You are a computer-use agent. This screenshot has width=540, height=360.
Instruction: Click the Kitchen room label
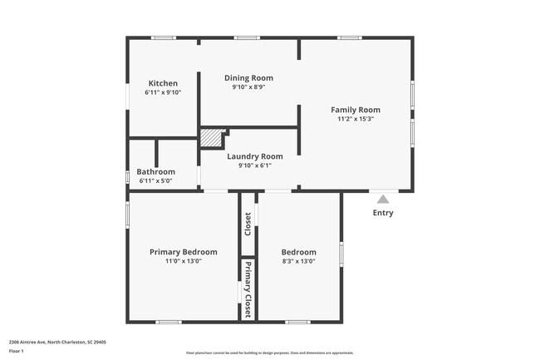pos(163,83)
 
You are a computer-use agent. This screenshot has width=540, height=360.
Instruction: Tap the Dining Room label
pos(248,78)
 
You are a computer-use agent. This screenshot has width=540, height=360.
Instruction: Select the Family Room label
pos(356,110)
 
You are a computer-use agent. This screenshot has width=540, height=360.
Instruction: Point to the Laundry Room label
pos(255,156)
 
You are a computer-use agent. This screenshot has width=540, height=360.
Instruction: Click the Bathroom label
pos(155,172)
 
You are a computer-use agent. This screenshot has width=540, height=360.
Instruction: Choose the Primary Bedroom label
pos(183,252)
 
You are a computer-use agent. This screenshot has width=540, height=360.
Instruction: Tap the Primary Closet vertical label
pos(248,284)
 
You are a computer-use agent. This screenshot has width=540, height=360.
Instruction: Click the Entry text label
pos(383,213)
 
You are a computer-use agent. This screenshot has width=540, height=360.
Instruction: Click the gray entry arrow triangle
pos(383,199)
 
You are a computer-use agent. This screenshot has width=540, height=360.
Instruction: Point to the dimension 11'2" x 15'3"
pos(356,119)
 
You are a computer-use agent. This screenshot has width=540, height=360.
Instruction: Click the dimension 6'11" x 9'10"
pos(163,92)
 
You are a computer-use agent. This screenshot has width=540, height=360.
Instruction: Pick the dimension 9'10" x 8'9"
pos(248,87)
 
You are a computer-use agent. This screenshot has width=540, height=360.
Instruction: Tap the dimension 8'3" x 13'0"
pos(298,261)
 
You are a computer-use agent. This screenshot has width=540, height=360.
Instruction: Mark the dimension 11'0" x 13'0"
pos(183,261)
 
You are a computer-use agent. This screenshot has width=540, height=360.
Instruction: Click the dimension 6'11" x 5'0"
pos(155,180)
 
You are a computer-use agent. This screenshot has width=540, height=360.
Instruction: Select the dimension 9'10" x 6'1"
pos(255,165)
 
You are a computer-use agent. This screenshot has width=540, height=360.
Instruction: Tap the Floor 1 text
pos(17,352)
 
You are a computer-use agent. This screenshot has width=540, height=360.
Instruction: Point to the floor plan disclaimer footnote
pos(269,353)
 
